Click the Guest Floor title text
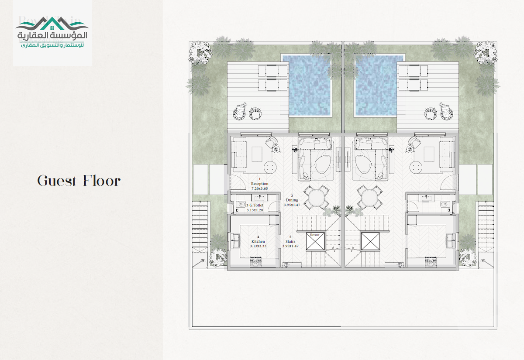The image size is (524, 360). point(79,181)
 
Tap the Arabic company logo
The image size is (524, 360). point(52,33)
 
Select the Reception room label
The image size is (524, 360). point(260,184)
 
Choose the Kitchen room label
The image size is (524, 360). point(258,241)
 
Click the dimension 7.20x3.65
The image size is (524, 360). point(260,189)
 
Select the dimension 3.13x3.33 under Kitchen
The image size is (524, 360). point(258,246)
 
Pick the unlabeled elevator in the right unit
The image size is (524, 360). point(370,241)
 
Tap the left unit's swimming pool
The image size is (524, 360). point(310,85)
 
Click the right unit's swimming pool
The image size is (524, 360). point(376,85)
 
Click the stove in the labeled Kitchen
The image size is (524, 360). point(255,261)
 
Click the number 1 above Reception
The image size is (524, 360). point(260,179)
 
